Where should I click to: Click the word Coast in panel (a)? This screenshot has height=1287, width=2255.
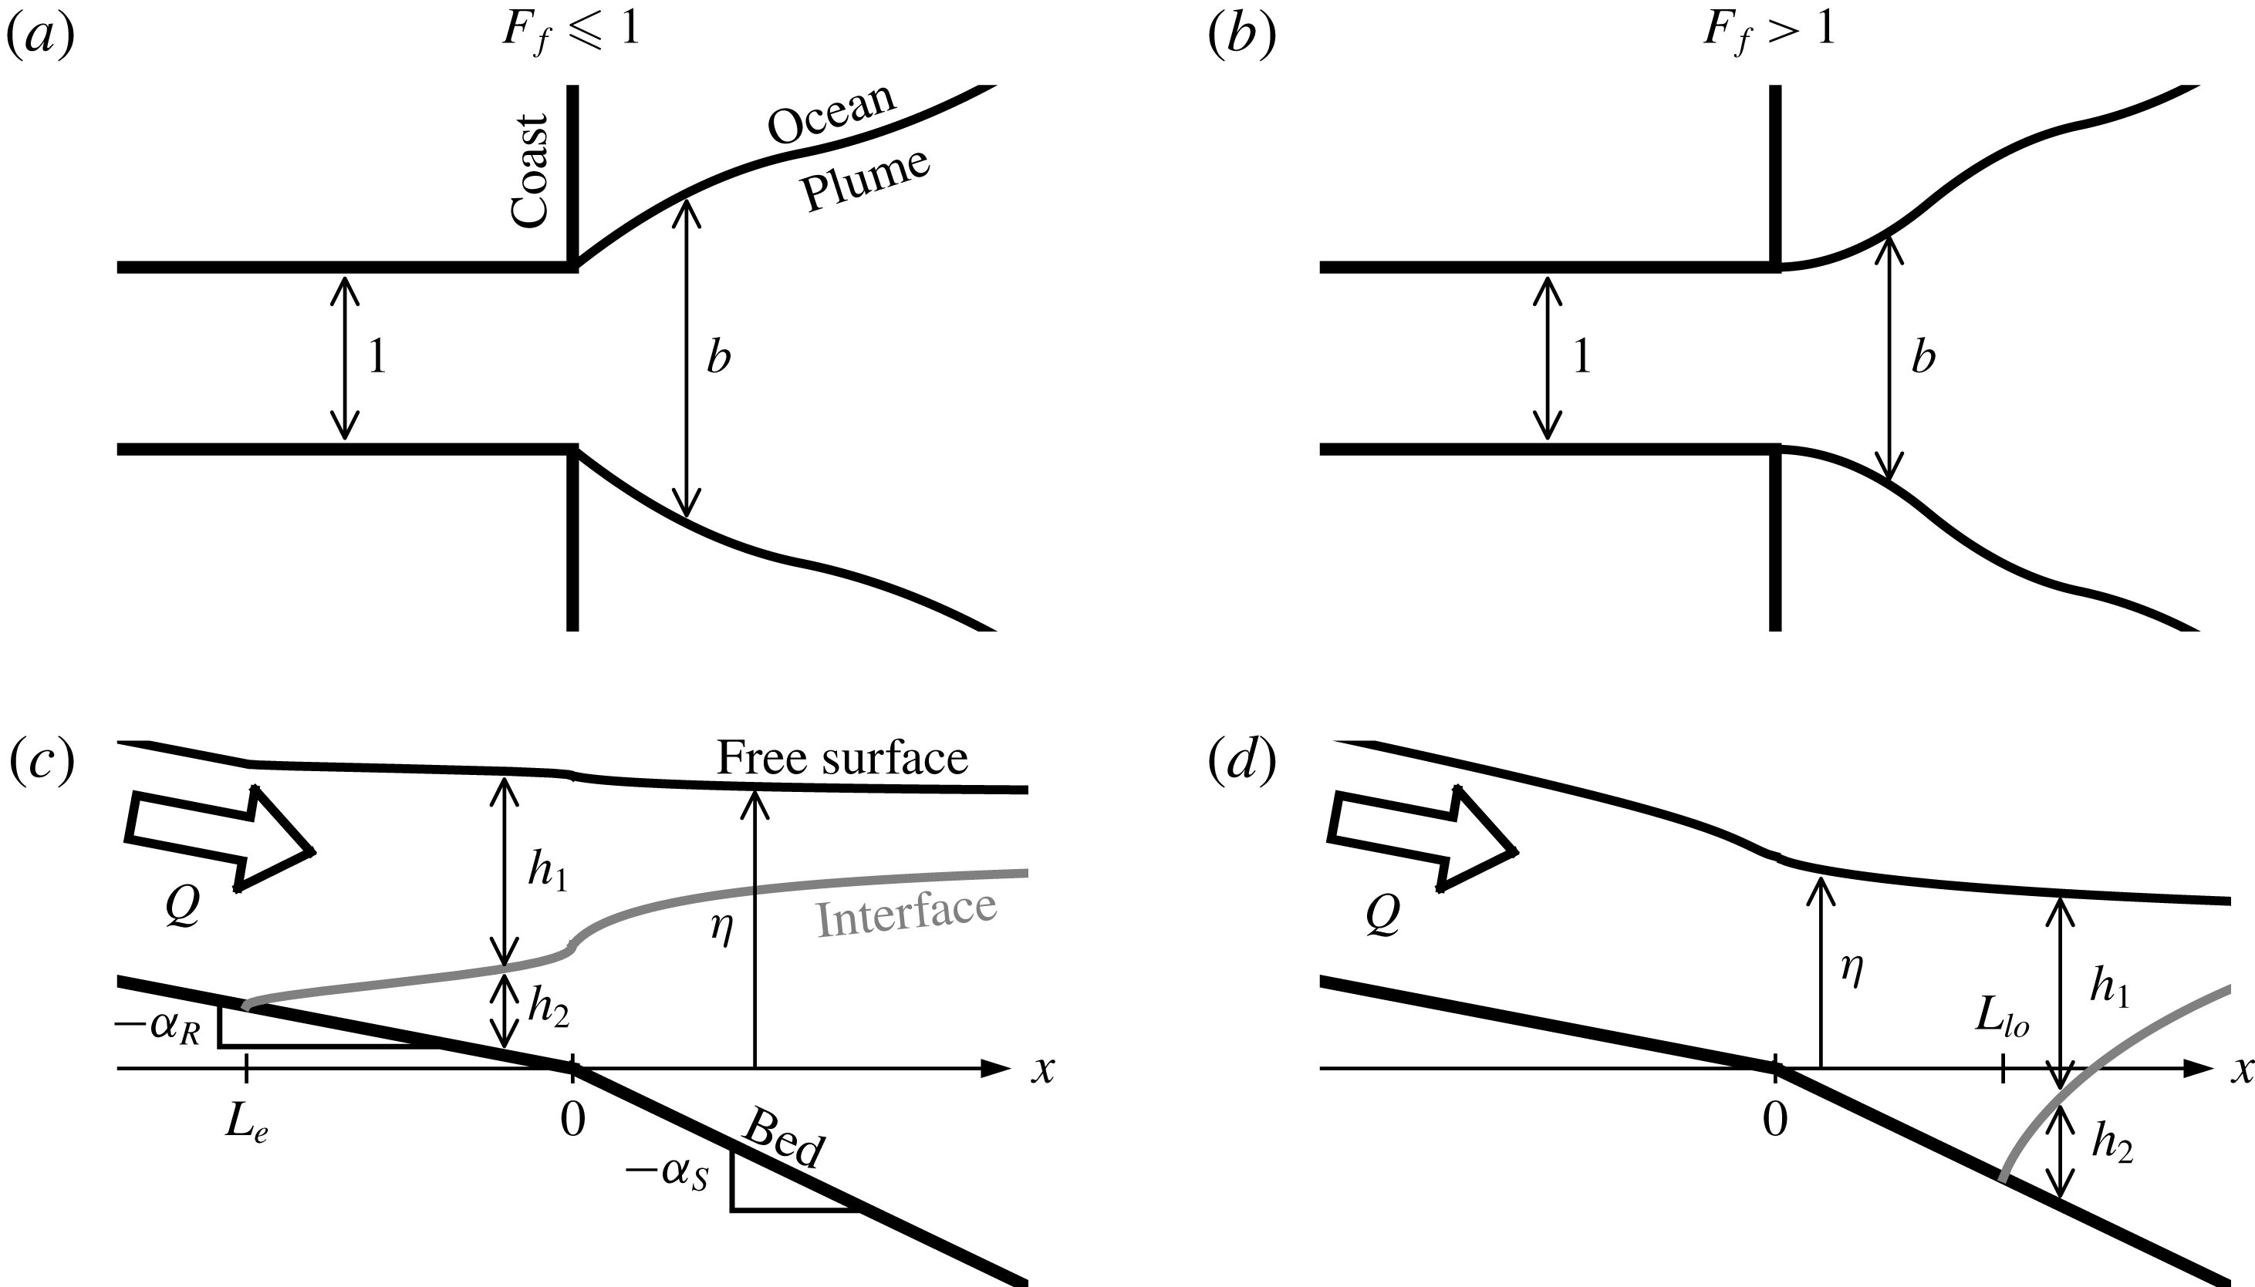pos(531,170)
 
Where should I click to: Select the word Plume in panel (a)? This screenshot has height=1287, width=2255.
pos(865,180)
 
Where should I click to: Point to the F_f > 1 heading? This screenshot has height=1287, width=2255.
pos(1769,32)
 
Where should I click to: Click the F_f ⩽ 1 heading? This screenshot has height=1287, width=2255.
pos(570,32)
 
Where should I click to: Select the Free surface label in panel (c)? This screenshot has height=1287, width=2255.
pos(842,756)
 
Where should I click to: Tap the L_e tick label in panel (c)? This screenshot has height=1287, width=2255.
pos(247,1124)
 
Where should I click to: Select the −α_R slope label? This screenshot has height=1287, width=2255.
pos(157,1028)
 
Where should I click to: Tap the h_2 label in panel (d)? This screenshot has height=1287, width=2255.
pos(2112,1146)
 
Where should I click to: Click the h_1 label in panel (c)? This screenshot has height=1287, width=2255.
pos(548,871)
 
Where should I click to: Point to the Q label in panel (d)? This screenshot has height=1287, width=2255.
pos(1382,917)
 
